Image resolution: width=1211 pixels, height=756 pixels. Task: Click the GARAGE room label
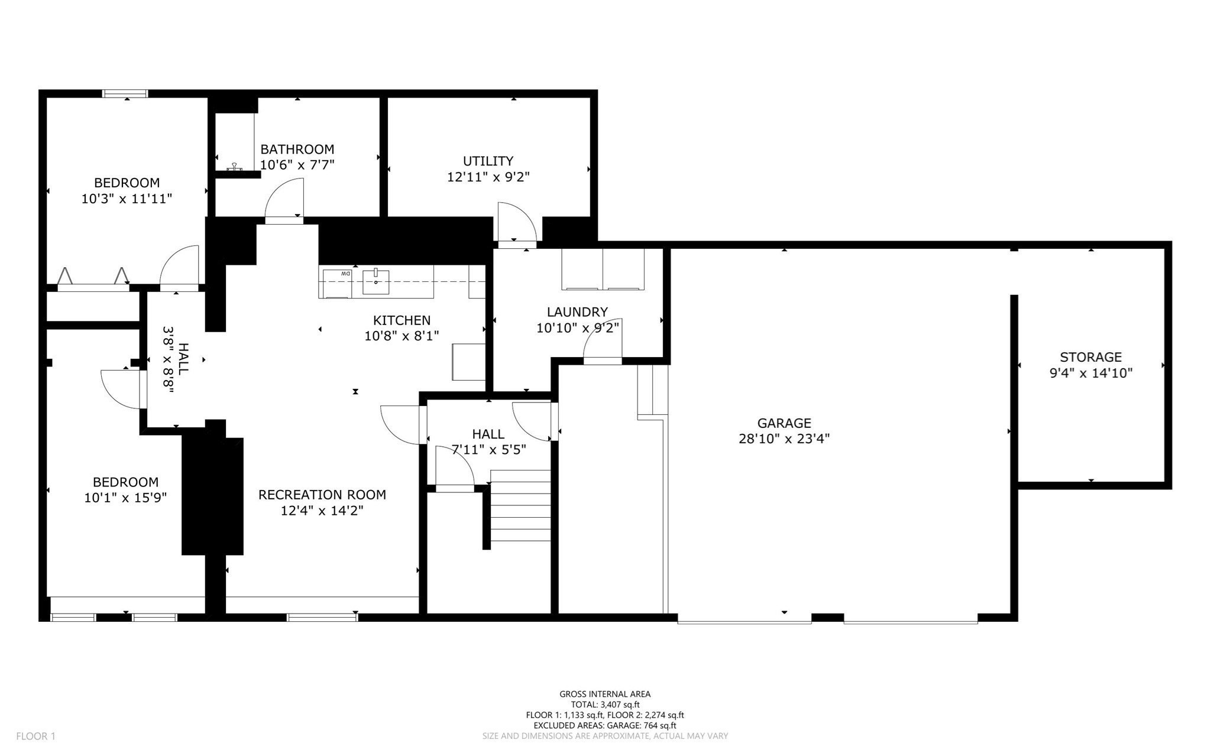click(784, 423)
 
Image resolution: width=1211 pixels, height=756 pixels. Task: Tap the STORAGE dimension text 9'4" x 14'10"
click(1090, 373)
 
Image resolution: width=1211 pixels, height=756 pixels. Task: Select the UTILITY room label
click(488, 161)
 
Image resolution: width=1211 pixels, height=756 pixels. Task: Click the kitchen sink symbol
click(375, 281)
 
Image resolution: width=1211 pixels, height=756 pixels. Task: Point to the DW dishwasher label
click(345, 274)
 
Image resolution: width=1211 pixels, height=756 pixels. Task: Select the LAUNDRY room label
click(577, 312)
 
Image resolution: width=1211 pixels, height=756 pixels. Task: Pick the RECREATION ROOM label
click(322, 495)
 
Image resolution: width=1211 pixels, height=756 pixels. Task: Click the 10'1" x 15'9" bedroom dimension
click(125, 498)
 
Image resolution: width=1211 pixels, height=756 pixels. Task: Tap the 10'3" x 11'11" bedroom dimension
click(127, 199)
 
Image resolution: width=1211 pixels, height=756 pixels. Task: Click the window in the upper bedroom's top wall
click(125, 93)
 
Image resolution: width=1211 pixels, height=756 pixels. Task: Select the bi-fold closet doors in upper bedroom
click(93, 280)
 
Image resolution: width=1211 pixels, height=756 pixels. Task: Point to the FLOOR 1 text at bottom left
click(35, 736)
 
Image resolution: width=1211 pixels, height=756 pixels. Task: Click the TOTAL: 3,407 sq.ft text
click(605, 705)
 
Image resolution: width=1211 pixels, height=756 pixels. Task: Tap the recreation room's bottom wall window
click(322, 618)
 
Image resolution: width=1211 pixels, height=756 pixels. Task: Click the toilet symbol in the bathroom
click(235, 168)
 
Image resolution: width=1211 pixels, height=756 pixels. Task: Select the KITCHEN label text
click(401, 320)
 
